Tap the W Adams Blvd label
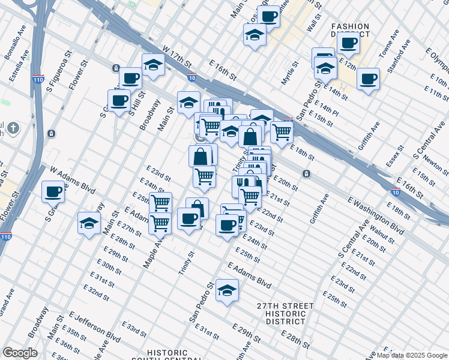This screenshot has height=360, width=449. [73, 181]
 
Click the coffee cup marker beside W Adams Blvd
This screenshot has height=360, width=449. [53, 191]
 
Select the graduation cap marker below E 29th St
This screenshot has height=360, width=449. [228, 290]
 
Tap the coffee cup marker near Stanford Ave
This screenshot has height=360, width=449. [368, 79]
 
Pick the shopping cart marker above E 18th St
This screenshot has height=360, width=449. [282, 131]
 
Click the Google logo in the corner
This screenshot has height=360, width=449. [20, 352]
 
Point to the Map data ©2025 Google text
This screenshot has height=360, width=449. [412, 355]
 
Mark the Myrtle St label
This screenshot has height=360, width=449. [292, 71]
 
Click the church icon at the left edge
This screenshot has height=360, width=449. [13, 128]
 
